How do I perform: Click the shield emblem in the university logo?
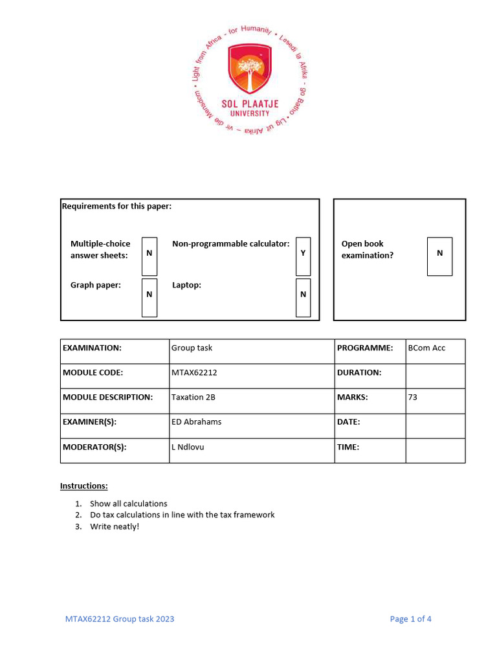coord(249,70)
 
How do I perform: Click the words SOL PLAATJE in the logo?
coord(249,104)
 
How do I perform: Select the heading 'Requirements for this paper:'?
coord(116,207)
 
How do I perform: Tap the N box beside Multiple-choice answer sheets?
coord(149,253)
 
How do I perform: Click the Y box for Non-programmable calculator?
coord(303,253)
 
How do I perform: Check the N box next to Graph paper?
coord(149,295)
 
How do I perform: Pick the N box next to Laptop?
coord(303,295)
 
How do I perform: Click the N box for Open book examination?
coord(440,253)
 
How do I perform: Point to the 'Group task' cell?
coord(192,348)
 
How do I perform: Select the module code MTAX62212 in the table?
coord(193,372)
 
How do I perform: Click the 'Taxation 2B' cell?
coord(193,397)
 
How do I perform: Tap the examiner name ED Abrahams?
coord(196,421)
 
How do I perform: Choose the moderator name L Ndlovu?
coord(188,447)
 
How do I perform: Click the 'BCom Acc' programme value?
coord(426,348)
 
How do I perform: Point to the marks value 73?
coord(413,397)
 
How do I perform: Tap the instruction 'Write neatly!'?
coord(115,526)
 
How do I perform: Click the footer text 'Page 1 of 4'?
coord(410,619)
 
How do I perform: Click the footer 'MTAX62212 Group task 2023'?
coord(120,619)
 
